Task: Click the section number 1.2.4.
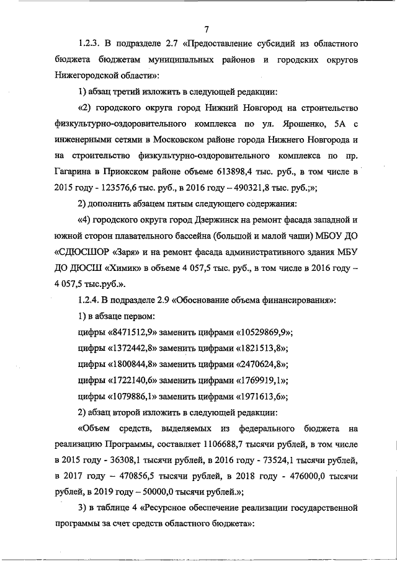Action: click(x=91, y=300)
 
